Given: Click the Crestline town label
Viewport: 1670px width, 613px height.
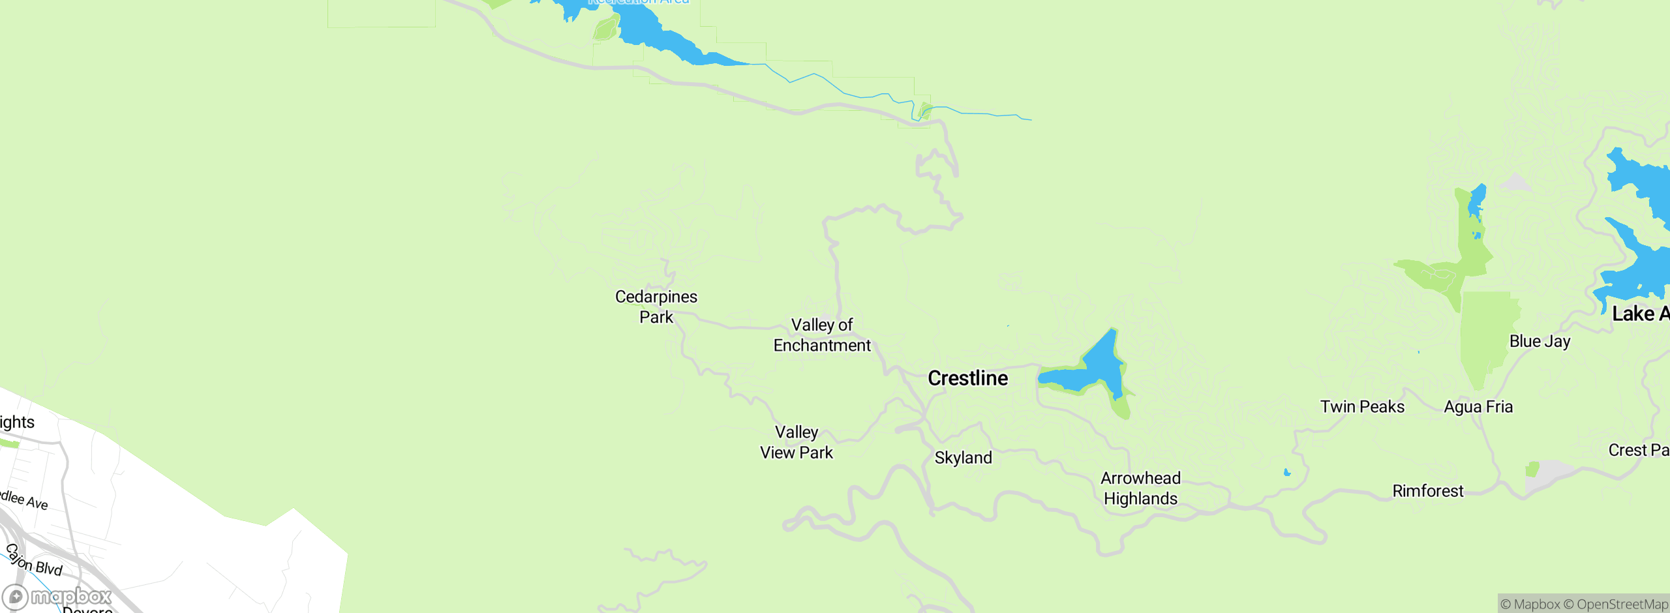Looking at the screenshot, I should (967, 378).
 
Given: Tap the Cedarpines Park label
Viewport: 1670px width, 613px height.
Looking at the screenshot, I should (656, 306).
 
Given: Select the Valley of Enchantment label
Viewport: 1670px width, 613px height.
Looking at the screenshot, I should (822, 335).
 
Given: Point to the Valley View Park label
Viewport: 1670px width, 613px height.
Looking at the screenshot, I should (797, 442).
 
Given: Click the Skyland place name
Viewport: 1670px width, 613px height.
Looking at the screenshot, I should (963, 458).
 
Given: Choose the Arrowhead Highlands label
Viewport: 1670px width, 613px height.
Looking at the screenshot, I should (1140, 488).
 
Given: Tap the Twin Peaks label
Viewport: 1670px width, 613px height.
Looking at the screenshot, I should (1362, 407).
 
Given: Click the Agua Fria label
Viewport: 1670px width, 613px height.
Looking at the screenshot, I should (1478, 407).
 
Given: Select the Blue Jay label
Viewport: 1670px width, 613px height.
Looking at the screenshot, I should (1540, 341).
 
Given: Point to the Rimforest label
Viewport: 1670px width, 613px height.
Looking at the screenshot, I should (1427, 491).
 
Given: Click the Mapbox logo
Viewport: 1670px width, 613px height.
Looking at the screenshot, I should (57, 596).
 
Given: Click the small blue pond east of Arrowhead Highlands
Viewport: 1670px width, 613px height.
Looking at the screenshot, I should (1287, 473).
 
